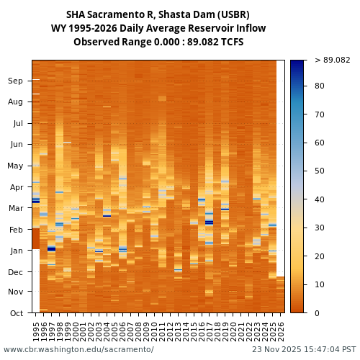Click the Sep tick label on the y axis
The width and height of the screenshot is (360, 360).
click(x=16, y=81)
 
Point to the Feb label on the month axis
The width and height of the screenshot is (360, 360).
click(x=16, y=230)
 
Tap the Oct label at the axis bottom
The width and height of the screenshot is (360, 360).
click(x=16, y=313)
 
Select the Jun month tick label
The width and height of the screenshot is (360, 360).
click(x=16, y=144)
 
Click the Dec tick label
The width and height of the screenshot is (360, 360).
click(x=16, y=272)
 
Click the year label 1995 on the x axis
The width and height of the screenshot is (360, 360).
click(x=36, y=331)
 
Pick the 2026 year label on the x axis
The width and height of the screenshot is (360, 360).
click(x=281, y=331)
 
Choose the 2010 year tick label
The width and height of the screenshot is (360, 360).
click(x=154, y=331)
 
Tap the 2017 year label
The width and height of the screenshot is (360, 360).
click(x=210, y=331)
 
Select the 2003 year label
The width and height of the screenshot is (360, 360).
click(x=99, y=331)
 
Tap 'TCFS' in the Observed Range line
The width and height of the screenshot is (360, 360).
click(x=230, y=42)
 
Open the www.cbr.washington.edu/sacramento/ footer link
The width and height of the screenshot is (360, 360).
click(x=78, y=349)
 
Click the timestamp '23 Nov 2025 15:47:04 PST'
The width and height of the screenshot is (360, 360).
click(x=304, y=349)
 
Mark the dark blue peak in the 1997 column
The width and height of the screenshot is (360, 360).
click(x=51, y=248)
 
